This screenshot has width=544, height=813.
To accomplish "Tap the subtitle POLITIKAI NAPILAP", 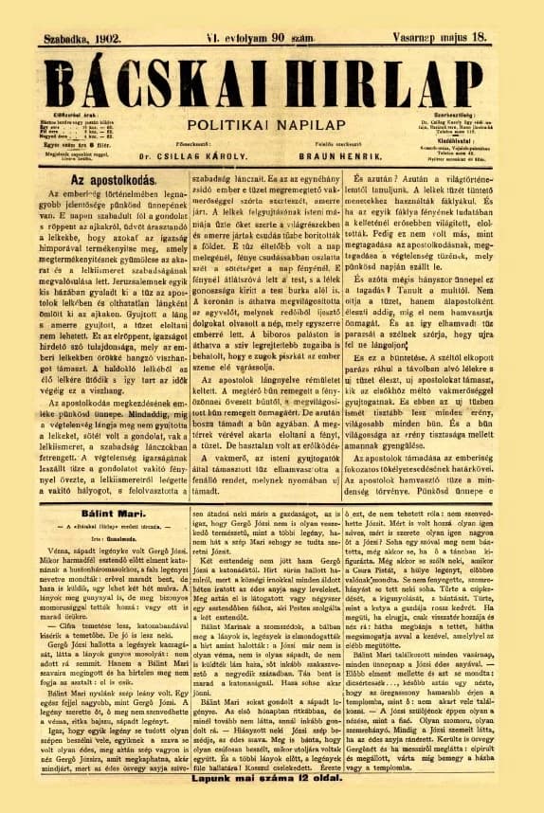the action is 270,125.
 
